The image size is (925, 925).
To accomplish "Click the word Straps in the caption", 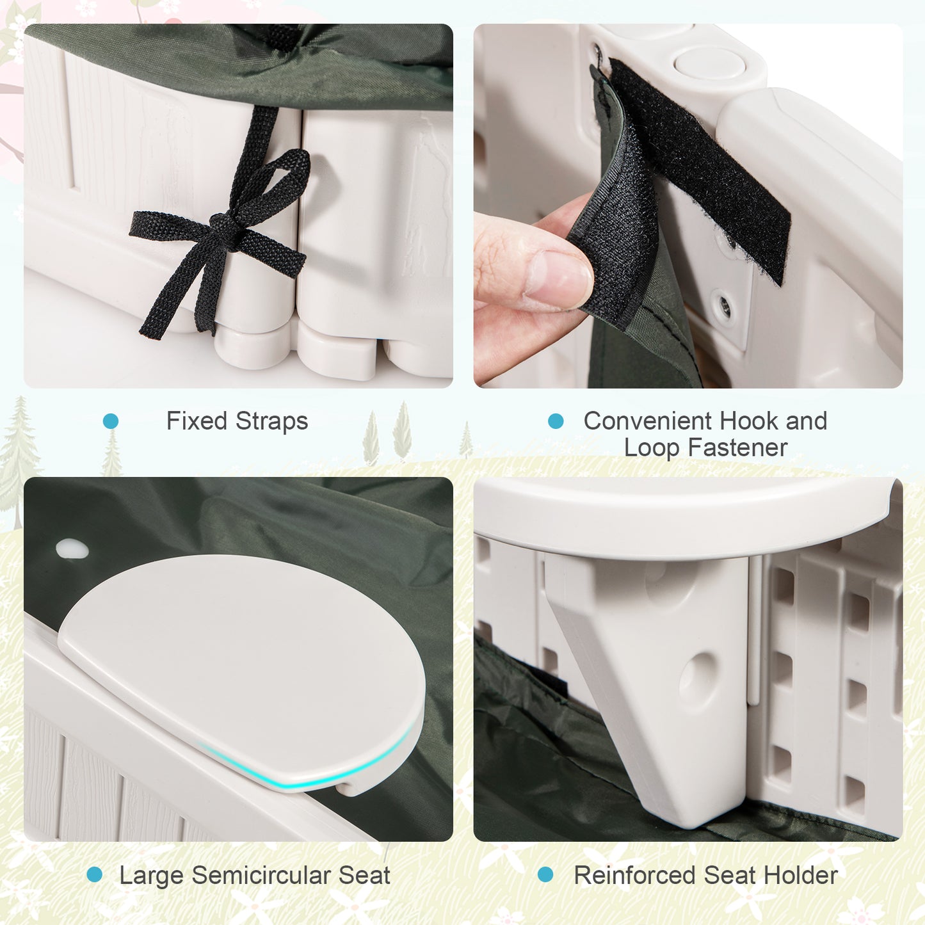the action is (x=271, y=421).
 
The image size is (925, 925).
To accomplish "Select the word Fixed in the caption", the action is (x=197, y=421).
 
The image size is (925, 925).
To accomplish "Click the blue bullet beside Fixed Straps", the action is (x=111, y=421).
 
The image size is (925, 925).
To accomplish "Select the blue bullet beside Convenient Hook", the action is (x=556, y=421).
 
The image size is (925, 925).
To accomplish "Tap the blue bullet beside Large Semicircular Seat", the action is (x=95, y=874).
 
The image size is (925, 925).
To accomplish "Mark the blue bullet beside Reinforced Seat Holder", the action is (x=545, y=874).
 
